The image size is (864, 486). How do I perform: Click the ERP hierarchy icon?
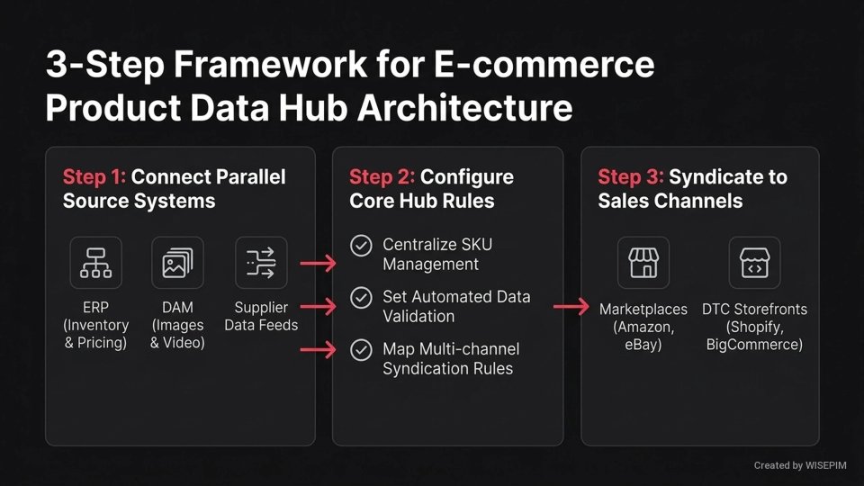[95, 263]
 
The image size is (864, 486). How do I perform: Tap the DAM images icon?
[178, 263]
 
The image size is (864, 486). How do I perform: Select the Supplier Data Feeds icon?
[261, 263]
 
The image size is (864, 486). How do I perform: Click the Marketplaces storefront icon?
[643, 263]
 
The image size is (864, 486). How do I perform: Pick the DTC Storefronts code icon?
[754, 263]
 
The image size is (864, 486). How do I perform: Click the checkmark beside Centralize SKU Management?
[361, 246]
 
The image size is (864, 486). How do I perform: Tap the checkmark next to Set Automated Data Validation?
[361, 297]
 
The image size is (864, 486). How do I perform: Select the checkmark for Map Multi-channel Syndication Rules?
[361, 349]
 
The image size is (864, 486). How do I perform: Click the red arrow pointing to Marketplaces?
[571, 308]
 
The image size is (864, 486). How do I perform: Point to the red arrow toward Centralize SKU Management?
[317, 263]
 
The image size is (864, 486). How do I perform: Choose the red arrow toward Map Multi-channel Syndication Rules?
[317, 351]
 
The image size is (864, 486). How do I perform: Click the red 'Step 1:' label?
[94, 176]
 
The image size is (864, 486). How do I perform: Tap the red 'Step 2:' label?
[382, 176]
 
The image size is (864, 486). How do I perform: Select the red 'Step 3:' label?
[630, 176]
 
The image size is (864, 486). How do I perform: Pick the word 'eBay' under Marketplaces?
[643, 345]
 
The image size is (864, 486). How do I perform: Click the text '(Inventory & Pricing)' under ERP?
[95, 333]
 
